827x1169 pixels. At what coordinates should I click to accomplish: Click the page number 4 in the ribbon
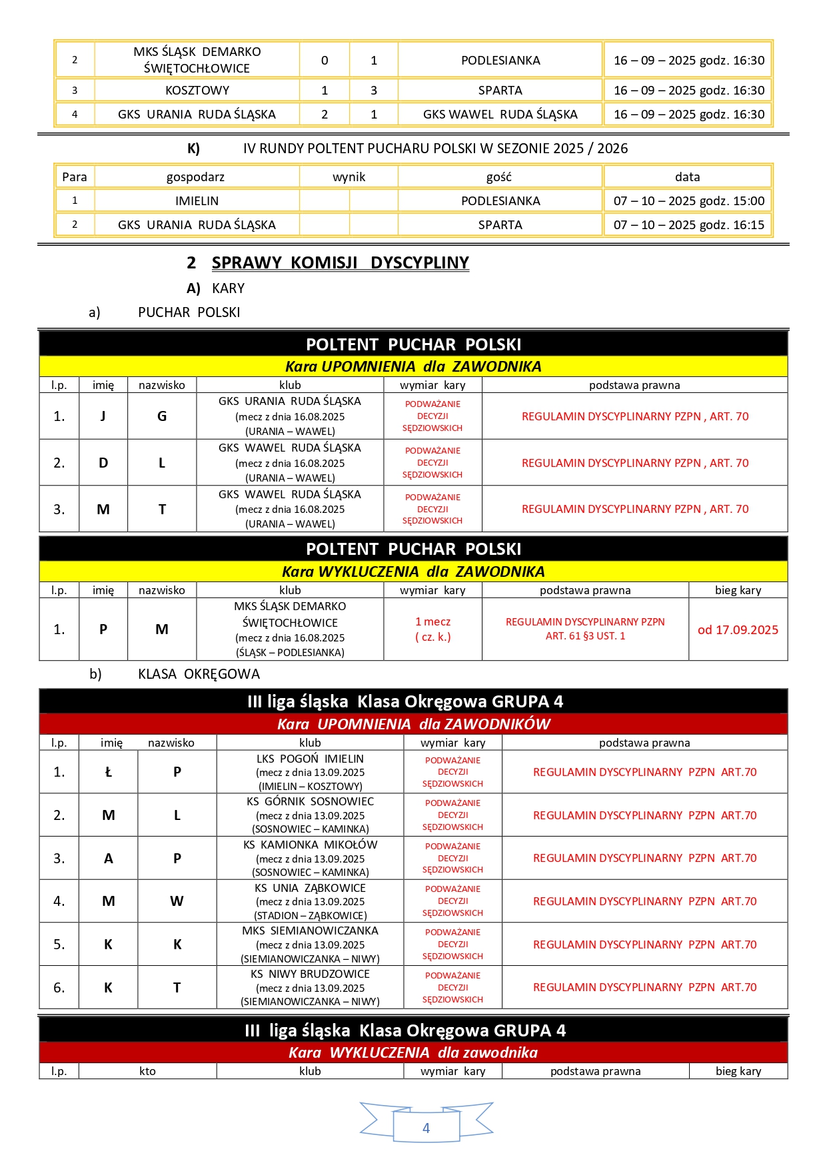426,1128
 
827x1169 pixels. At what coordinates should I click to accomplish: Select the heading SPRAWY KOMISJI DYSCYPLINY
340,263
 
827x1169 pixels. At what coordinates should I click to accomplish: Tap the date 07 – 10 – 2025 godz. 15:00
688,201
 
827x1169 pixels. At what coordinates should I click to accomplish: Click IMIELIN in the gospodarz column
197,201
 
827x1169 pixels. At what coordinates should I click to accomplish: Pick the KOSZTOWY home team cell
197,91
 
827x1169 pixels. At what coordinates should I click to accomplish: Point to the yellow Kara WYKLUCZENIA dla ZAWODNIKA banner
413,572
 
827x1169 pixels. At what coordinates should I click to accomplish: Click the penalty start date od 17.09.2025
738,630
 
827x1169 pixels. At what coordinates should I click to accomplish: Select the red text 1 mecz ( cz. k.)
432,629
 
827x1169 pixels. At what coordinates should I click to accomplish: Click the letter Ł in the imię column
109,772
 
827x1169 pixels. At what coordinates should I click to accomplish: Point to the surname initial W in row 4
177,901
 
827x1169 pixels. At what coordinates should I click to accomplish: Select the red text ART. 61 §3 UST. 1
585,636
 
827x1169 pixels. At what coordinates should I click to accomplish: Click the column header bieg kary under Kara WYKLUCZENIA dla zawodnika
738,1071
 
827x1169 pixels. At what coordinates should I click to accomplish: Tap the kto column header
147,1071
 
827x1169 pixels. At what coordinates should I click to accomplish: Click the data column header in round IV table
687,177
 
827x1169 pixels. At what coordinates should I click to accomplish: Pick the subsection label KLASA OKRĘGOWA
199,674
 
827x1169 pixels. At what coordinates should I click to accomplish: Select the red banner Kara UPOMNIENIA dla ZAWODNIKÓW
413,724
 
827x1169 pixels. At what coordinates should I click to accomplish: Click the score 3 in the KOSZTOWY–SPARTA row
374,91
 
